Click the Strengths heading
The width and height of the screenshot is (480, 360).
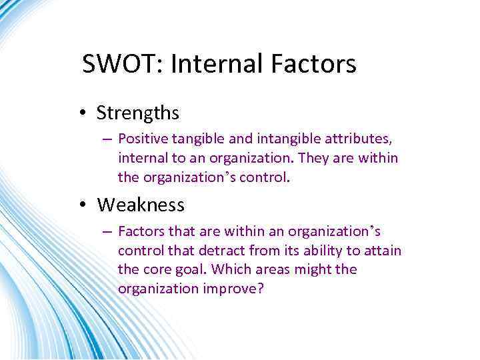[x=137, y=113]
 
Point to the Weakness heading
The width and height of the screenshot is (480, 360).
[x=141, y=205]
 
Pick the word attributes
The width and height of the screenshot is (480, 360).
[x=357, y=139]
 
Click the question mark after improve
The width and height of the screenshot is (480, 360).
[x=261, y=289]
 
